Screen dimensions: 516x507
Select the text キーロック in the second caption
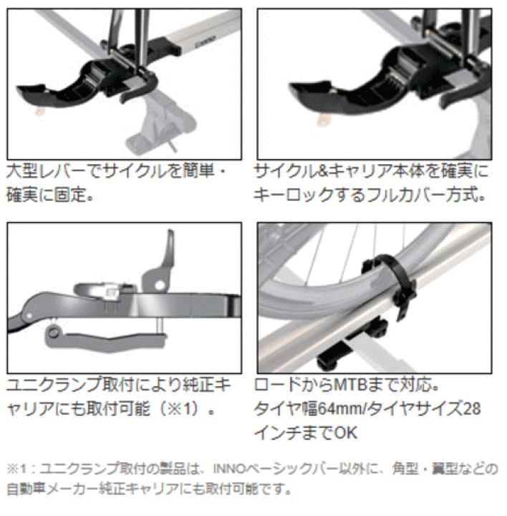coord(294,193)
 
